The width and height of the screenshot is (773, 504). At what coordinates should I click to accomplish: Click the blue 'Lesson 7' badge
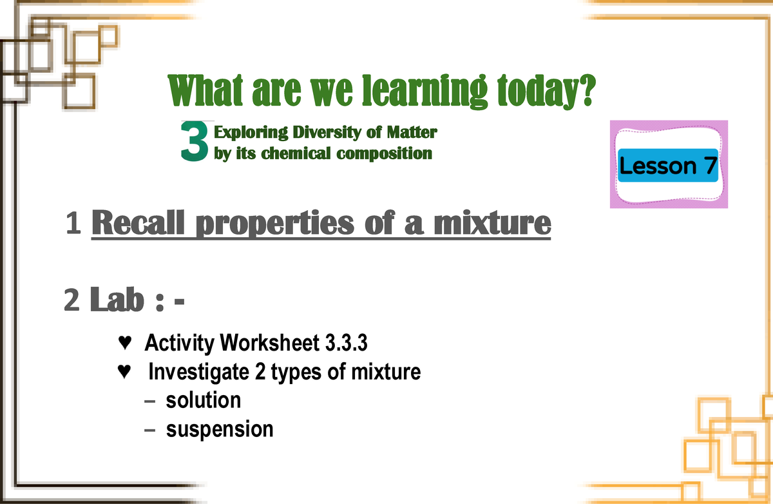pyautogui.click(x=668, y=166)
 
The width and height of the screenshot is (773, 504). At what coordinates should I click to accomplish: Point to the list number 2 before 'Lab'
pyautogui.click(x=72, y=300)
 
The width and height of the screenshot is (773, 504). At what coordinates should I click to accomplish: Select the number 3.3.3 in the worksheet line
pyautogui.click(x=344, y=344)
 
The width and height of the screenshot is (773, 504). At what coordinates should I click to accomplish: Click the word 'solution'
pyautogui.click(x=203, y=400)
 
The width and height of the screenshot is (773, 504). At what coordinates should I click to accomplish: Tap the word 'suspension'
pyautogui.click(x=220, y=429)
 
